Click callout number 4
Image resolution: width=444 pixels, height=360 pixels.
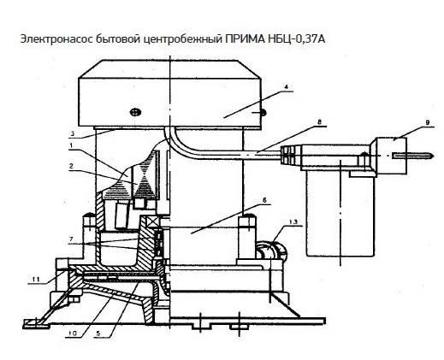[x=287, y=86]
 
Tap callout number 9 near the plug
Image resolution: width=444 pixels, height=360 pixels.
[x=428, y=122]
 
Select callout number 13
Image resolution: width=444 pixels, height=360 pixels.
[x=293, y=221]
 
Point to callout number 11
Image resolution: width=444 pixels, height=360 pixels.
[x=35, y=279]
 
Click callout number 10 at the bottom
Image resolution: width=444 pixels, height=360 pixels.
[x=73, y=333]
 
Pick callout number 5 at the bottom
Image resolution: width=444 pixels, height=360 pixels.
[x=98, y=333]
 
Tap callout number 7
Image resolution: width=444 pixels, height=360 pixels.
[x=71, y=239]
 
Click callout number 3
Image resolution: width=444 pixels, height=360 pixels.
[x=73, y=133]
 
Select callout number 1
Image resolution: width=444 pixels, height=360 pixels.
[x=71, y=145]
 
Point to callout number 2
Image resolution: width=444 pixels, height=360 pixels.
[x=71, y=166]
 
